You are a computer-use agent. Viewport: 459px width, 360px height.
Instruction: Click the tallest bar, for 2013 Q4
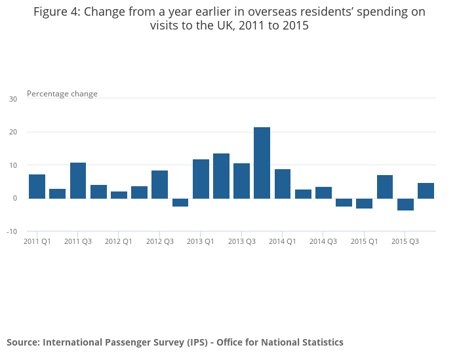coord(262,163)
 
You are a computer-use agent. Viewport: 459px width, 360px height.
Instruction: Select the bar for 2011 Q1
coord(37,186)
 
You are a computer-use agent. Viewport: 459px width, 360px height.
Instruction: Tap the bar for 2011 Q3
coord(78,180)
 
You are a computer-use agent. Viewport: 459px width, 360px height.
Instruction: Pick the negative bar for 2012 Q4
coord(180,203)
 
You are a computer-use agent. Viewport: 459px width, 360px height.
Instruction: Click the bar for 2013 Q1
coord(201,178)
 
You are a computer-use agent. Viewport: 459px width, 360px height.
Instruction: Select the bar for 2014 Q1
coord(283,184)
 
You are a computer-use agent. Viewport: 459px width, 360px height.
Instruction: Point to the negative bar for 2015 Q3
coord(405,205)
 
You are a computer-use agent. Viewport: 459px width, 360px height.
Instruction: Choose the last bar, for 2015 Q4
coord(426,190)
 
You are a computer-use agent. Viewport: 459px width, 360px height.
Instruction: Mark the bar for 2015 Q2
coord(385,186)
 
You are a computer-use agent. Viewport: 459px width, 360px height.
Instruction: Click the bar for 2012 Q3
coord(160,184)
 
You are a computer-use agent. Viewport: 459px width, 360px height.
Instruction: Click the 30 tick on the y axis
coord(13,99)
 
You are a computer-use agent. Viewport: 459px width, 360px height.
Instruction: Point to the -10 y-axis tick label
coord(12,231)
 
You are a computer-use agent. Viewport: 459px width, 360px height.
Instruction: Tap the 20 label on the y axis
coord(13,132)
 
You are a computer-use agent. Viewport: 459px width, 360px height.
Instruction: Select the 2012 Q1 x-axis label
coord(119,241)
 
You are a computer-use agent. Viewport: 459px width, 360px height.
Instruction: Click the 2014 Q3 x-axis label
coord(323,241)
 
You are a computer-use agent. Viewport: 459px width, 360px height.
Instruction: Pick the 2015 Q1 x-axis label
coord(364,241)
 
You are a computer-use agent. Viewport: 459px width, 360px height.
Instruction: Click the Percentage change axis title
coord(62,94)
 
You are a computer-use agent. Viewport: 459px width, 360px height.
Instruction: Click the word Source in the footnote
coord(22,342)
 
